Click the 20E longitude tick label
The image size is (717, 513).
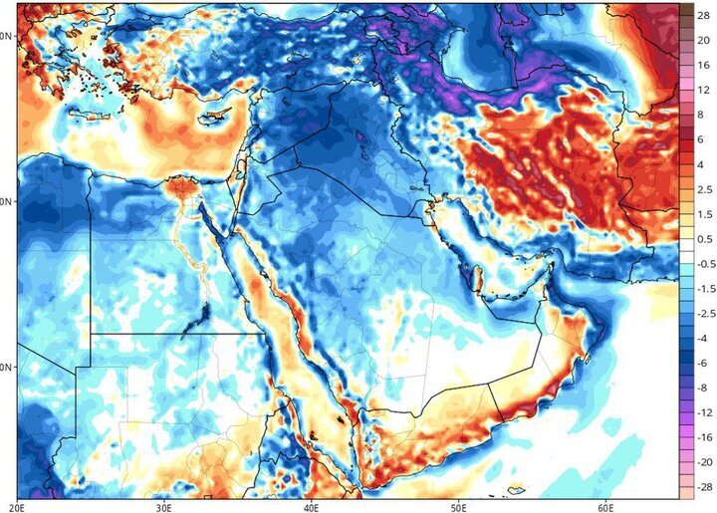[20, 506]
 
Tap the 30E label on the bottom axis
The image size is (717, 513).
[165, 506]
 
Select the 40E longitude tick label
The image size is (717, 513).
[312, 506]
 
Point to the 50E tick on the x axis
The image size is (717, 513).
[458, 506]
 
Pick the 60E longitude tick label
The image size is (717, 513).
[604, 506]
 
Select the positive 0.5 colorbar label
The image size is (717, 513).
[702, 240]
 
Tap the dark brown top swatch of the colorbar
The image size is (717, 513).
[686, 9]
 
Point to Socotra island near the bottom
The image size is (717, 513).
[514, 489]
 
